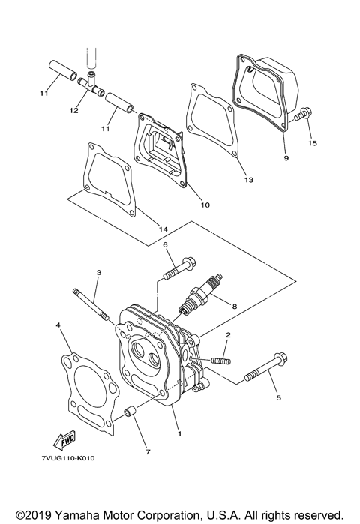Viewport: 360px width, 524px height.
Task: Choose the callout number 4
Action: coord(57,325)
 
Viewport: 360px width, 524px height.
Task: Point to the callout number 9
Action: coord(286,158)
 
